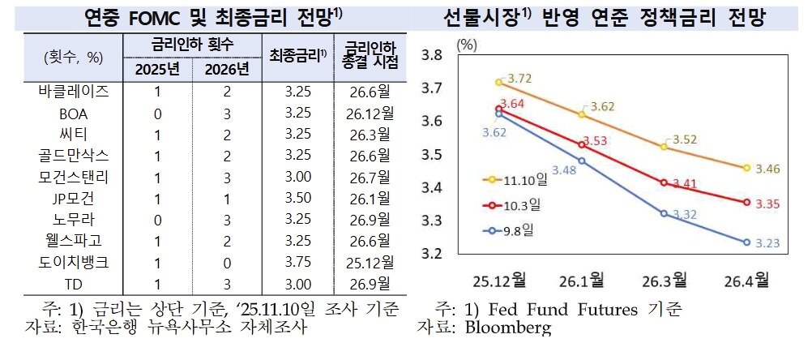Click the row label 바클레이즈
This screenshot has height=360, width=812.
coord(74,90)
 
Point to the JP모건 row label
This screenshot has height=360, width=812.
coord(74,197)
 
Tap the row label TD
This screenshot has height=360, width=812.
coord(74,283)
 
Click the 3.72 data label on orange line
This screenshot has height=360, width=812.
coord(519,78)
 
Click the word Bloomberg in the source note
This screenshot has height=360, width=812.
coord(508,328)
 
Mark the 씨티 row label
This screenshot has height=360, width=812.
coord(74,133)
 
